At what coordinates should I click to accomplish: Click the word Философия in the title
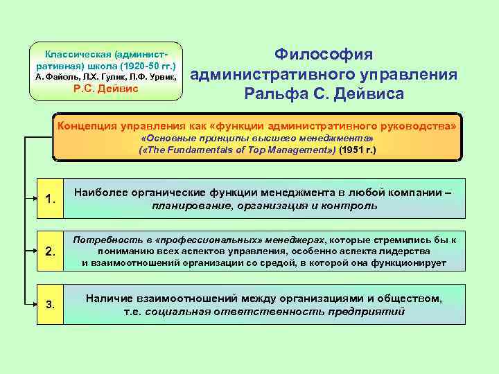tap(324, 55)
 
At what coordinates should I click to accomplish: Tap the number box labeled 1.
tap(50, 200)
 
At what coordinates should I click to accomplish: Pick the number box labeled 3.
tap(50, 304)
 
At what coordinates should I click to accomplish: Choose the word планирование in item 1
tap(188, 206)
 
